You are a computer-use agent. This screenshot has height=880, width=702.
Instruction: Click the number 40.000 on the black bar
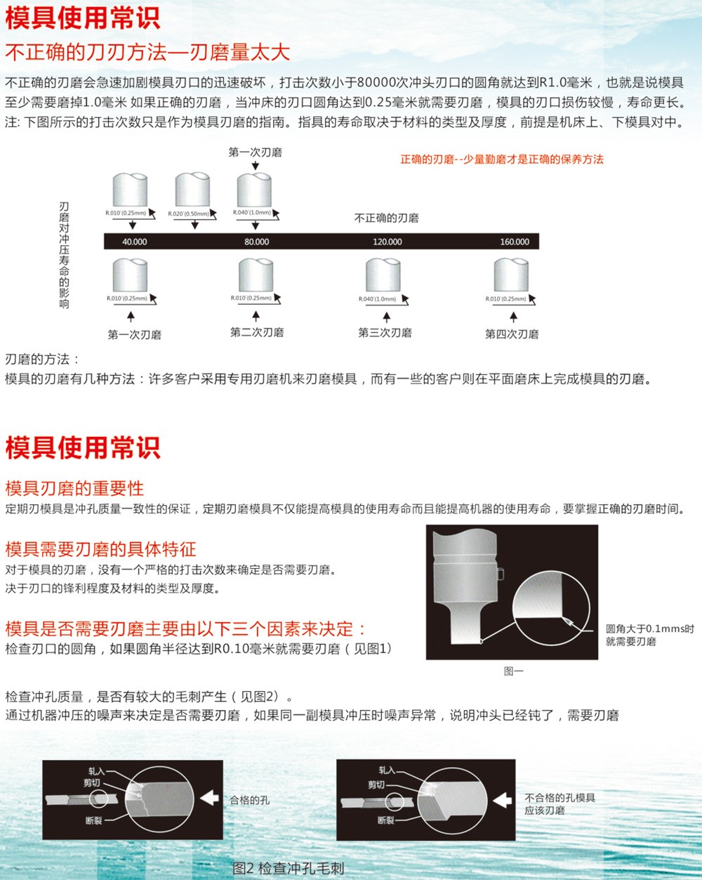click(135, 242)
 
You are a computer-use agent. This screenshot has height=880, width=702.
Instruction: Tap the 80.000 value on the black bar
click(256, 242)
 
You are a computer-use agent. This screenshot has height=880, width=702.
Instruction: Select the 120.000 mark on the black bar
click(388, 242)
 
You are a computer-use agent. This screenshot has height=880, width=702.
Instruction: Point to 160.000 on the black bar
click(515, 242)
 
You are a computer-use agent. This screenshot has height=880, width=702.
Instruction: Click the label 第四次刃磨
click(512, 334)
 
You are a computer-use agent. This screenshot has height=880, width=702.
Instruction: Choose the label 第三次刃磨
click(385, 333)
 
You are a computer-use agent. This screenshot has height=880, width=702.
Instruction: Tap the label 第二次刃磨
click(257, 332)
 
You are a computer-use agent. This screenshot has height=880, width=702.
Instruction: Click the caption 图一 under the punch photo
click(513, 671)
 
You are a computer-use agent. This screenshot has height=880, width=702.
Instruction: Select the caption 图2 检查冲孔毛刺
click(288, 869)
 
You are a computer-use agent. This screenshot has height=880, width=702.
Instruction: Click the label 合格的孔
click(250, 800)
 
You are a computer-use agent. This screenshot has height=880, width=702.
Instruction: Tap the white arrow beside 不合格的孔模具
click(502, 800)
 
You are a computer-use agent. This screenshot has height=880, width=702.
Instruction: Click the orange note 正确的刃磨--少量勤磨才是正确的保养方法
click(502, 159)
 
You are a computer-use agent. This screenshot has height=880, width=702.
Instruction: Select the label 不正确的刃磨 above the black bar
click(386, 218)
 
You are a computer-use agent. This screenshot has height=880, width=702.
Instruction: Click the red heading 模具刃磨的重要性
click(74, 488)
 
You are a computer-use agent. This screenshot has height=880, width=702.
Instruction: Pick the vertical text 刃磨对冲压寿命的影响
click(64, 255)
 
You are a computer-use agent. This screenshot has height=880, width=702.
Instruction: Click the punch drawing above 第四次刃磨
click(511, 275)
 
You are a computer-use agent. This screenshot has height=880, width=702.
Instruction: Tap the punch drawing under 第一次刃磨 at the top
click(255, 190)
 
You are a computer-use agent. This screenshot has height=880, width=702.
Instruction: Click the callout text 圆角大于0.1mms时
click(650, 629)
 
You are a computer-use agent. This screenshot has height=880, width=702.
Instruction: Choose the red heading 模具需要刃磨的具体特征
click(100, 549)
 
